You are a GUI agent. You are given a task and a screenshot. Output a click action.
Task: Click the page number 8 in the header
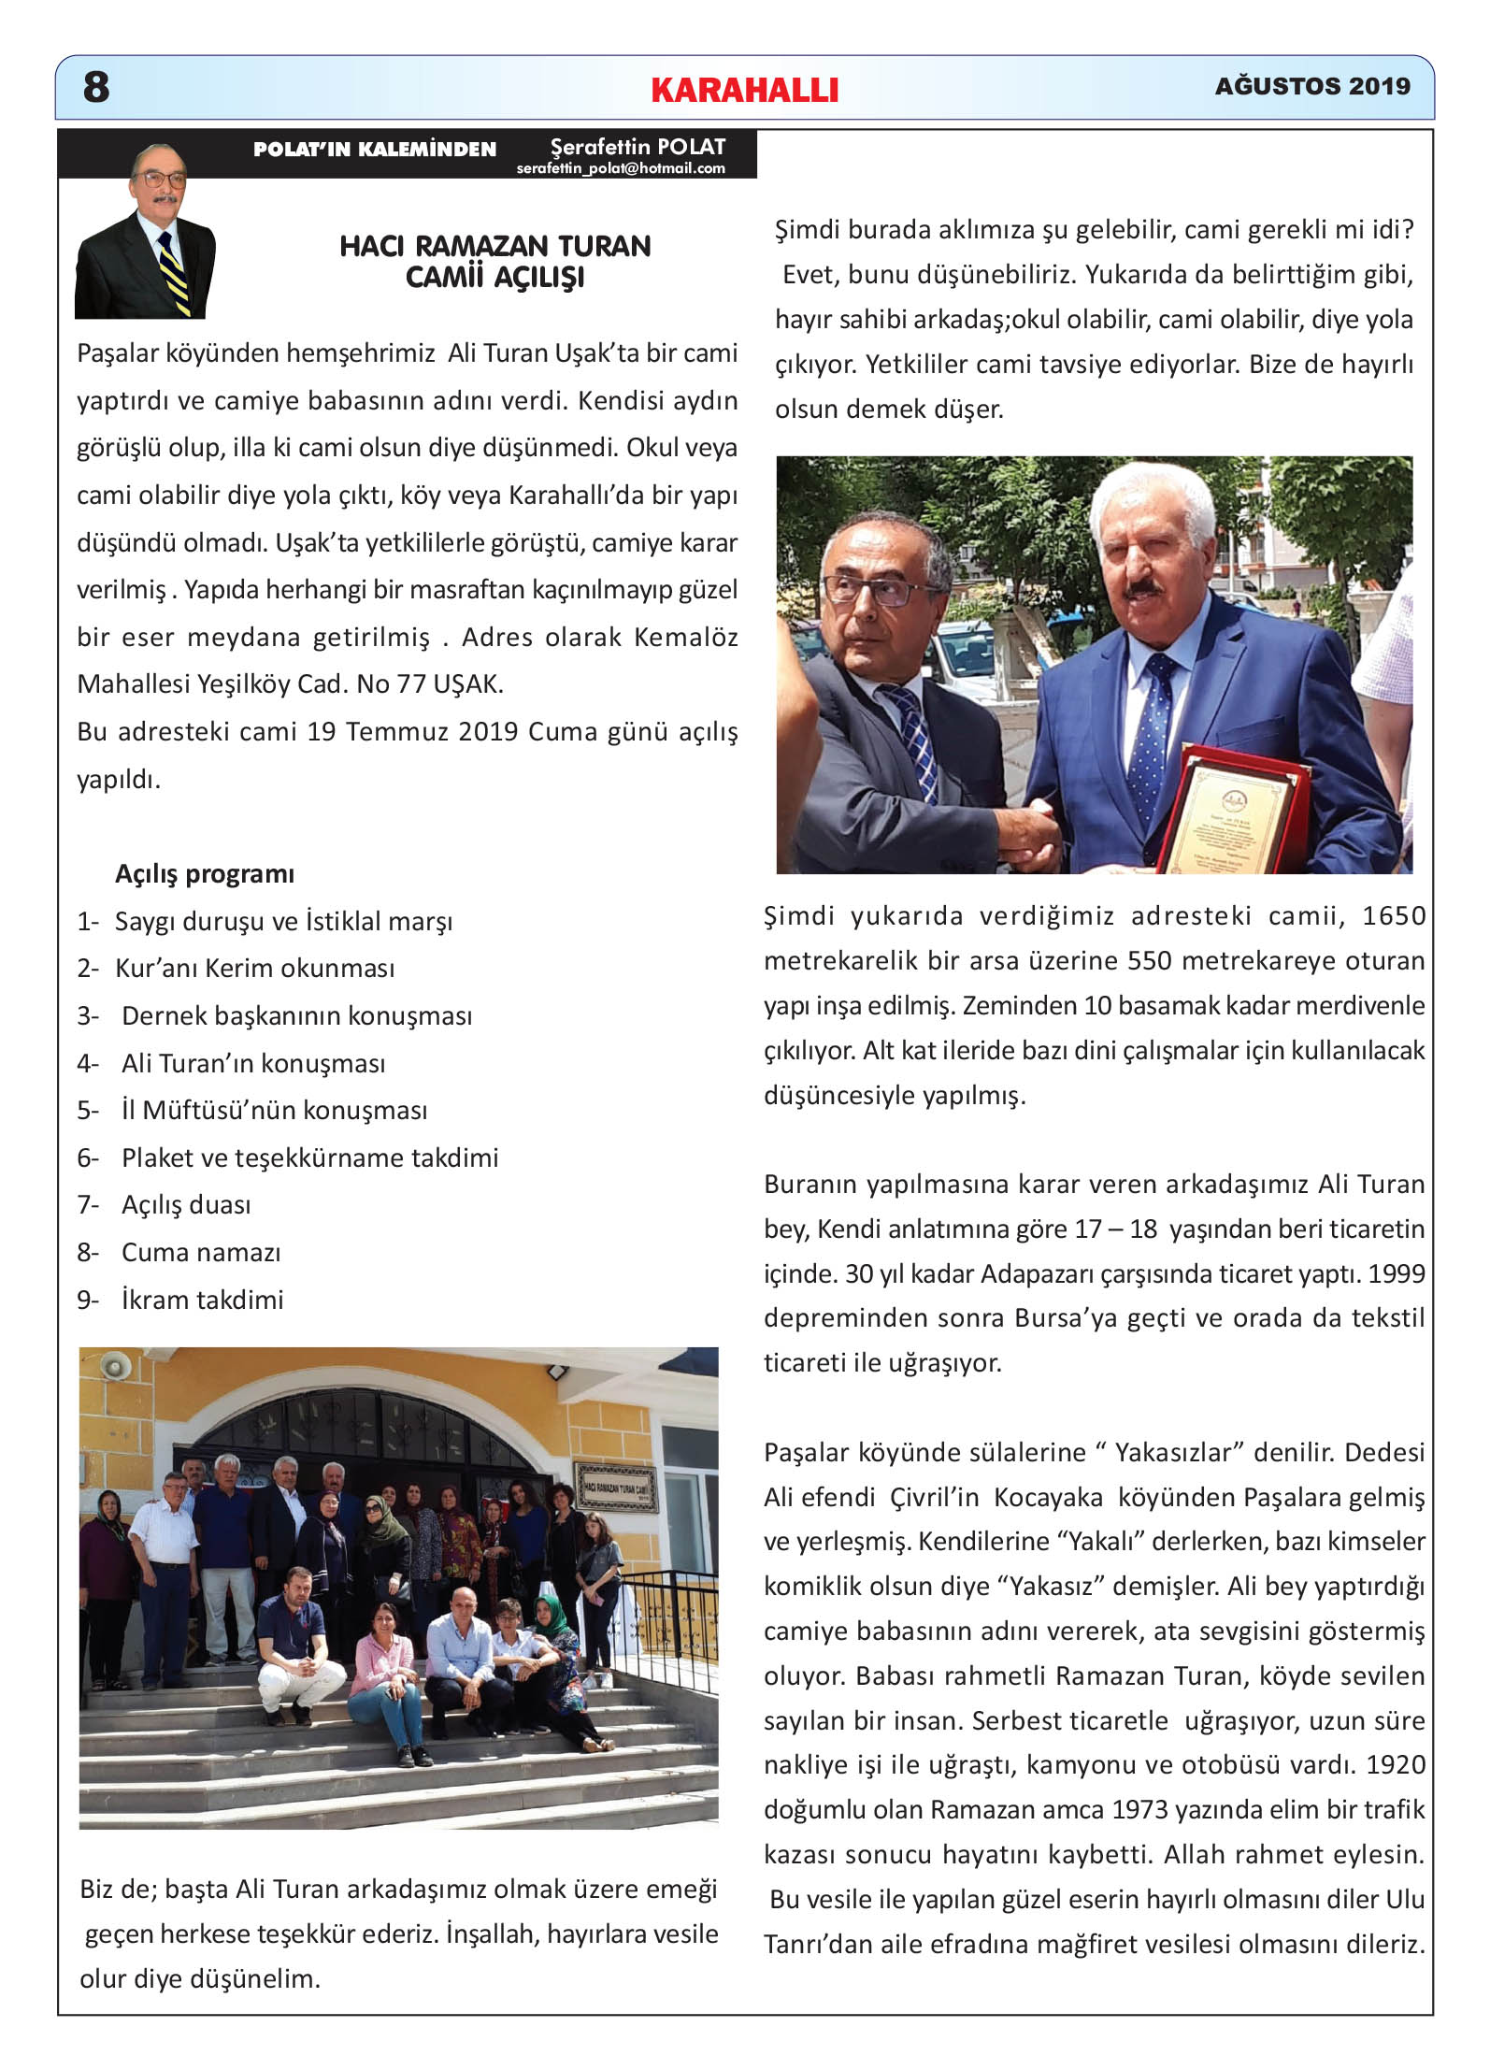(x=96, y=87)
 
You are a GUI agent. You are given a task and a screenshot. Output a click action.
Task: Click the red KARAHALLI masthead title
(x=744, y=90)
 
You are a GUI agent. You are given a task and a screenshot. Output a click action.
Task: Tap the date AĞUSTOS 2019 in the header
(x=1311, y=86)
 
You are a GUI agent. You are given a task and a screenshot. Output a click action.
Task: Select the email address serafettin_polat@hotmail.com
(x=621, y=168)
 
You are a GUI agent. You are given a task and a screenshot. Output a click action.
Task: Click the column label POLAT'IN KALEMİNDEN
(x=374, y=150)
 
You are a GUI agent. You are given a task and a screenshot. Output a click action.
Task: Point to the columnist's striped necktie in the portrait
(x=173, y=271)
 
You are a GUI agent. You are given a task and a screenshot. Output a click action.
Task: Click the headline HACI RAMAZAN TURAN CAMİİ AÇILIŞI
(x=494, y=261)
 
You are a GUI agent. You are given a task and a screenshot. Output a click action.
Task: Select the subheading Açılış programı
(x=204, y=873)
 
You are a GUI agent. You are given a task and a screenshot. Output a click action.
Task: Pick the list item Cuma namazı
(x=200, y=1252)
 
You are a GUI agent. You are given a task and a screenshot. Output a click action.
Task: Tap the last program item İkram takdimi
(x=202, y=1300)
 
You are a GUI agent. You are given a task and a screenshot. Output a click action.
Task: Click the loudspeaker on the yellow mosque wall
(x=115, y=1368)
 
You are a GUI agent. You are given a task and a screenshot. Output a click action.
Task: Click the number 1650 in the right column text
(x=1393, y=915)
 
